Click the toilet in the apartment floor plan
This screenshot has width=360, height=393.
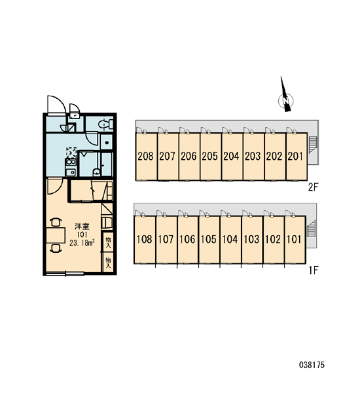(105, 124)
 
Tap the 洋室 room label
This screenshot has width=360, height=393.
(82, 227)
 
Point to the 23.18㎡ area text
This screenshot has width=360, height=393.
(82, 242)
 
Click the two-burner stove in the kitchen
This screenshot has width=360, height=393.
(71, 162)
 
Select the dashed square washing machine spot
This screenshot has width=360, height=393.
(71, 153)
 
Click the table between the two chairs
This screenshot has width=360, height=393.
(56, 235)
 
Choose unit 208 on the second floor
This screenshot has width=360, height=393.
(146, 157)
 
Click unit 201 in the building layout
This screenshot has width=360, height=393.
(296, 157)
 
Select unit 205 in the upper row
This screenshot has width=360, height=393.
(211, 157)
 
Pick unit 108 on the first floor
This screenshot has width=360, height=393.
(145, 239)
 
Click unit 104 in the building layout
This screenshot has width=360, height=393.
(230, 239)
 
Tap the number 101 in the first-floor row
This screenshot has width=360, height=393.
(294, 239)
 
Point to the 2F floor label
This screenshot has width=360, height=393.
(313, 187)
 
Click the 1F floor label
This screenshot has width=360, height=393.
(313, 270)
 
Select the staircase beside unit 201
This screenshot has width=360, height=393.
(312, 145)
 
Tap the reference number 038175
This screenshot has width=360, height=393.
(312, 365)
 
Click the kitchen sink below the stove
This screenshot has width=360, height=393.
(71, 172)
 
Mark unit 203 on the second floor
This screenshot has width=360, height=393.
(253, 157)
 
